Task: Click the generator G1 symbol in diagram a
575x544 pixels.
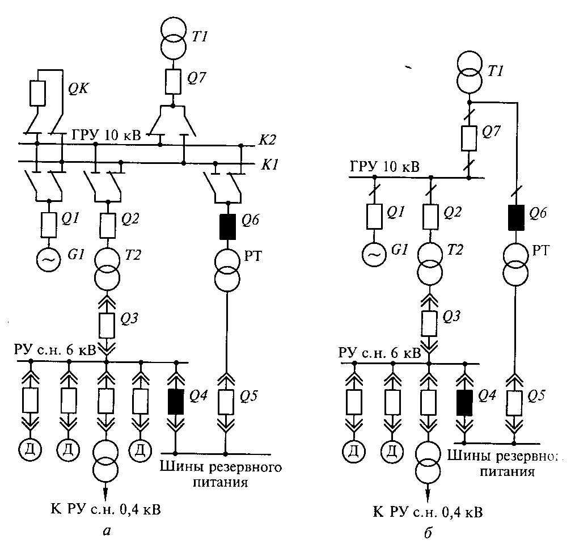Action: pos(49,260)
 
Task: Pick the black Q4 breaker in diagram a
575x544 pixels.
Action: pos(176,402)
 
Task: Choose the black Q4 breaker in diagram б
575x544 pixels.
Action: pos(464,402)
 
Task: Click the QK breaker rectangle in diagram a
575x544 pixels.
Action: pos(36,93)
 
